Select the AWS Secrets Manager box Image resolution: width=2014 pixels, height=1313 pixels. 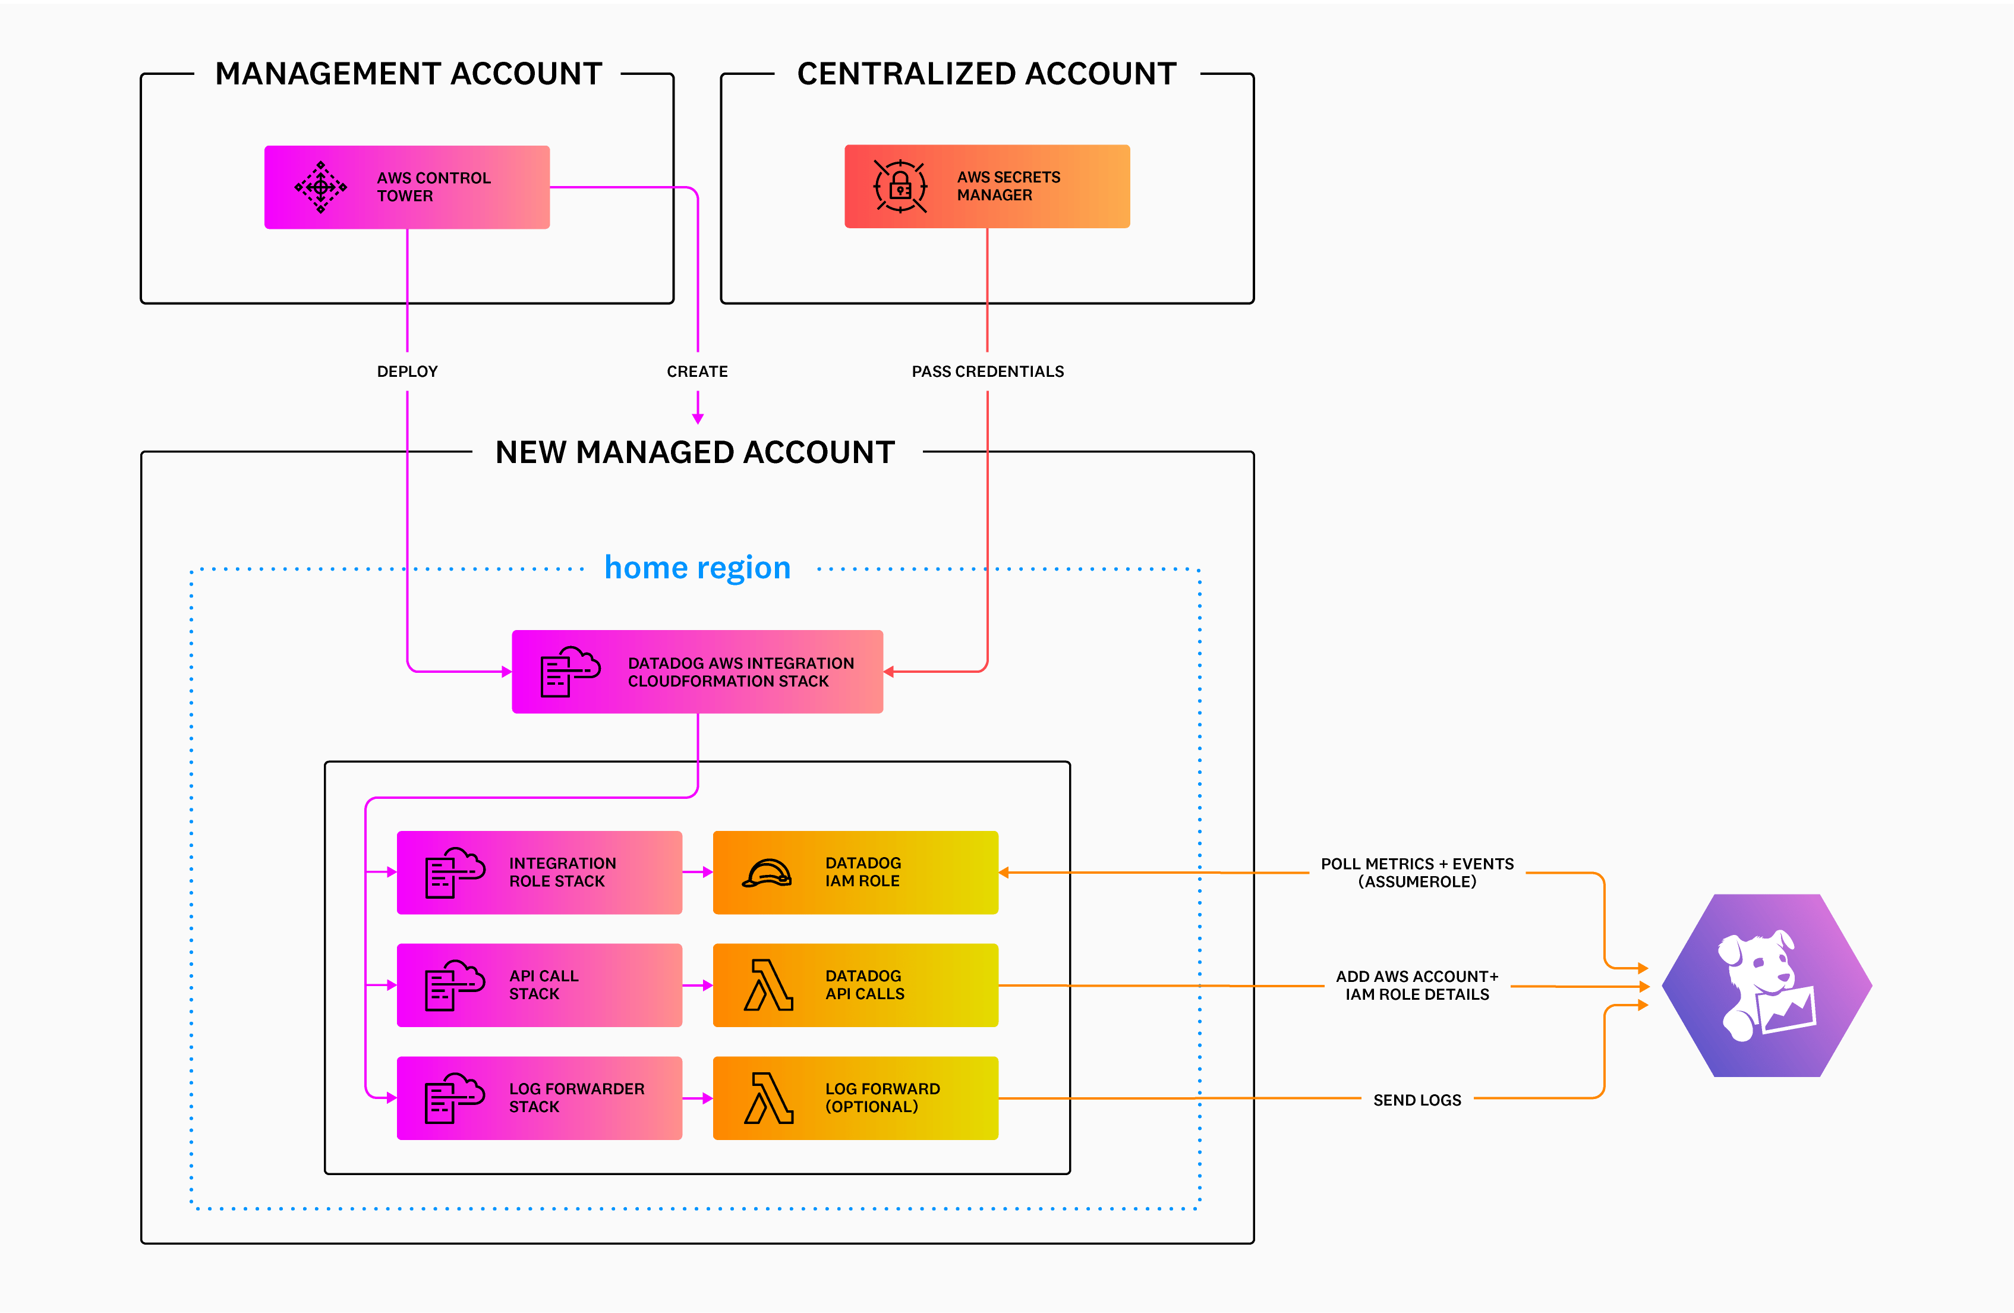[986, 186]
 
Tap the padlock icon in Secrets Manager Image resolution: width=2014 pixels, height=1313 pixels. [900, 186]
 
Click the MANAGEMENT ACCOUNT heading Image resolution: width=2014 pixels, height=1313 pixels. [408, 74]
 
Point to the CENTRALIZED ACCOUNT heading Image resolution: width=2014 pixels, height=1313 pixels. [986, 74]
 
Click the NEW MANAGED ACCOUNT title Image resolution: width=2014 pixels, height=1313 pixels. [695, 452]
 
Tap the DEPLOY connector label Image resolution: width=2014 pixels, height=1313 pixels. [407, 371]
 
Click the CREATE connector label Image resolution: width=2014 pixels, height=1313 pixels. [696, 371]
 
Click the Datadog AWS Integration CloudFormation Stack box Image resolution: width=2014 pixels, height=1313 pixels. [697, 671]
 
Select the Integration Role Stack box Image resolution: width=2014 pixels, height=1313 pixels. [539, 872]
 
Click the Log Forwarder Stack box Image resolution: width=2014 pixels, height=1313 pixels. [539, 1097]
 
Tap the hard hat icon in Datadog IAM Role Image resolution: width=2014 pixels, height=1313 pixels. [767, 873]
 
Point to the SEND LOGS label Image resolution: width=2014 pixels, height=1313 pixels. [1417, 1100]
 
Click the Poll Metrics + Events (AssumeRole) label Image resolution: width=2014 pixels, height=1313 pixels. [1417, 873]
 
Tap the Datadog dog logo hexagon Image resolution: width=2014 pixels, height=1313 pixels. [1767, 985]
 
